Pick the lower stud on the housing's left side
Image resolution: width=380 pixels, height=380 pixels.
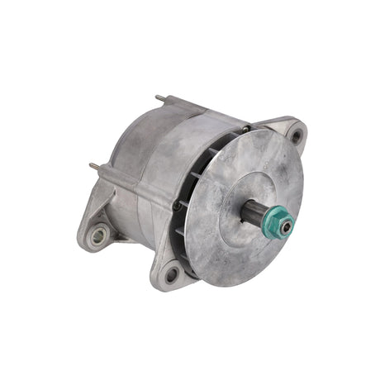[x=93, y=166]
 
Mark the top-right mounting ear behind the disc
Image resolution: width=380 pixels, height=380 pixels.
[x=291, y=132]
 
